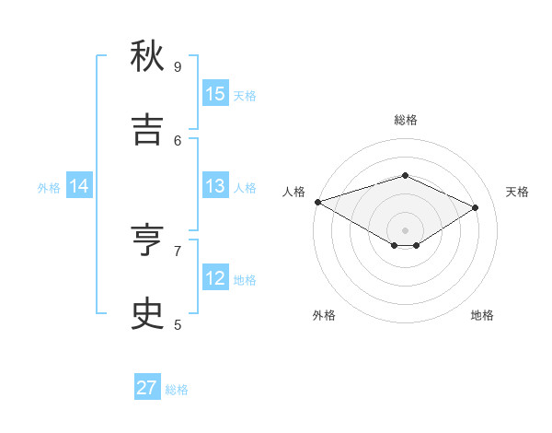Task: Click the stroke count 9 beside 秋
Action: [x=178, y=66]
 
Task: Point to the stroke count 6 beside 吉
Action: [x=178, y=140]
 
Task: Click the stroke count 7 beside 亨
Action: [x=178, y=250]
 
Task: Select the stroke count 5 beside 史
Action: [x=178, y=324]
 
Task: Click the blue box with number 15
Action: [x=215, y=94]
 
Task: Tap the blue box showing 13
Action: [x=215, y=186]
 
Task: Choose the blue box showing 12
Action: [x=215, y=278]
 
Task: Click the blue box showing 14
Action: [x=79, y=186]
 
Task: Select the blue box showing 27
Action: [x=147, y=388]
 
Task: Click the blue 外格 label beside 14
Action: [x=49, y=188]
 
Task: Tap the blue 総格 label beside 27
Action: [x=177, y=390]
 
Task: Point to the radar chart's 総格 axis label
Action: [x=405, y=120]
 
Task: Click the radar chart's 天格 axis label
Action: [x=517, y=192]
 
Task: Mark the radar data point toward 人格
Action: [x=317, y=202]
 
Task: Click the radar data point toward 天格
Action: [x=476, y=208]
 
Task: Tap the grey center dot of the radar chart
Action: [x=405, y=230]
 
